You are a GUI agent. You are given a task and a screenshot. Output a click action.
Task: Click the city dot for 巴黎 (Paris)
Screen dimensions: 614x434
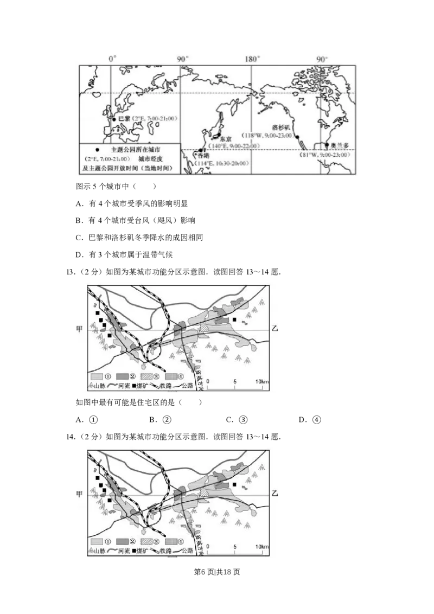(114, 119)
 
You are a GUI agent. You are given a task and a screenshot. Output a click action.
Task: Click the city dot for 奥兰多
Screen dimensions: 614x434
(327, 145)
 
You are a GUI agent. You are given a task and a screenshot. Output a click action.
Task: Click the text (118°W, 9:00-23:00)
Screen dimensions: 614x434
(268, 136)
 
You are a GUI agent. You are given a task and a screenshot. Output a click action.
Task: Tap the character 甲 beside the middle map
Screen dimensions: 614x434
(79, 329)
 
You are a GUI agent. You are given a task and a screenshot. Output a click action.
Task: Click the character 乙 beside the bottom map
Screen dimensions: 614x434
(275, 494)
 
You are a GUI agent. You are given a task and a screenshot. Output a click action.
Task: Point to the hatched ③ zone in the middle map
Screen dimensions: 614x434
(205, 327)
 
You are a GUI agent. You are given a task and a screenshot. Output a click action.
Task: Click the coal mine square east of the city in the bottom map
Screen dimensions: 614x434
(234, 484)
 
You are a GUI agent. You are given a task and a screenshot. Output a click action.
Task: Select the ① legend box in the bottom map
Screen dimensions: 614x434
(97, 541)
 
